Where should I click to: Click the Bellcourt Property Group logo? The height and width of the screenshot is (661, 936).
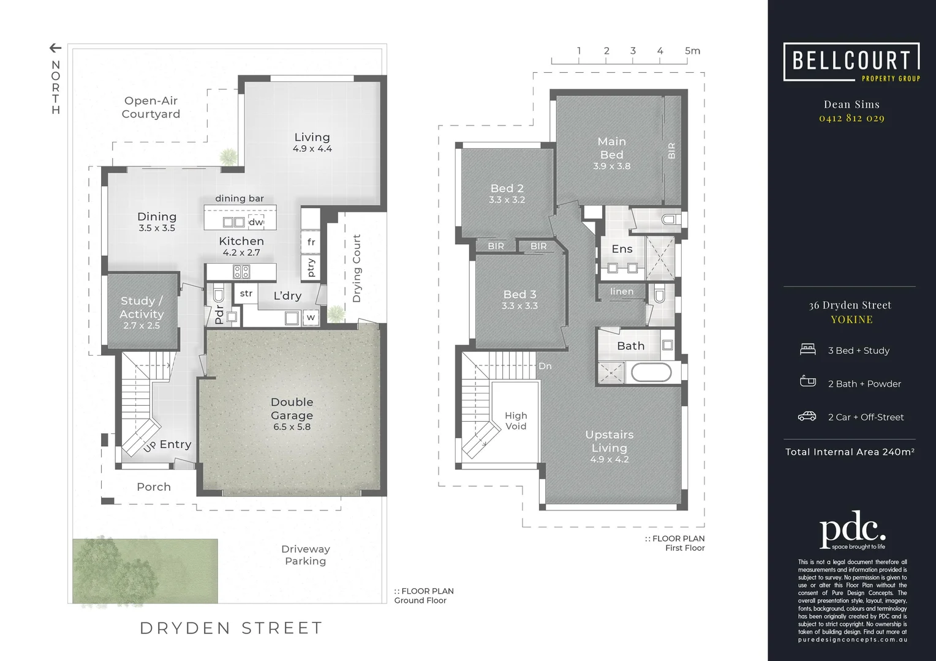click(851, 62)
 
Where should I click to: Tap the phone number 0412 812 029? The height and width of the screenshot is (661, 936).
click(851, 118)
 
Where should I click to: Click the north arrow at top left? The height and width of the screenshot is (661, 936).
click(55, 48)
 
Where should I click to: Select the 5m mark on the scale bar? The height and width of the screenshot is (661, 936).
click(692, 51)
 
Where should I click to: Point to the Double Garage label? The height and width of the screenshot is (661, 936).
click(292, 408)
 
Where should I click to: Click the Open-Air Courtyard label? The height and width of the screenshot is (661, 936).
click(151, 107)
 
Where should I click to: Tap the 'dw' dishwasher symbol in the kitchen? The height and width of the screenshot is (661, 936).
click(256, 222)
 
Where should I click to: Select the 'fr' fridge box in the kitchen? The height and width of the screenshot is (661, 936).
click(311, 242)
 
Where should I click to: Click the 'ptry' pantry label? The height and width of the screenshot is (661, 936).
click(311, 267)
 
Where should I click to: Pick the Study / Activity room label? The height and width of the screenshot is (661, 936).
click(142, 307)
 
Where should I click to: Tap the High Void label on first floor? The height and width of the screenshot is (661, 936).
click(516, 420)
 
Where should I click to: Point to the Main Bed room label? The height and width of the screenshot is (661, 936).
click(611, 148)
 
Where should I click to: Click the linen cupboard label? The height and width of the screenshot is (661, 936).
click(622, 291)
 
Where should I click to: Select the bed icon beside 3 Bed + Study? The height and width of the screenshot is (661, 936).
click(808, 349)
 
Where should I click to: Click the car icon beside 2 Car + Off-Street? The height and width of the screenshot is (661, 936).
click(807, 416)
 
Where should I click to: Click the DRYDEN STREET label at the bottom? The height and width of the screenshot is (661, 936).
click(231, 628)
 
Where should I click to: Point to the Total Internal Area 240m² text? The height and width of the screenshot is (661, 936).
click(850, 452)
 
